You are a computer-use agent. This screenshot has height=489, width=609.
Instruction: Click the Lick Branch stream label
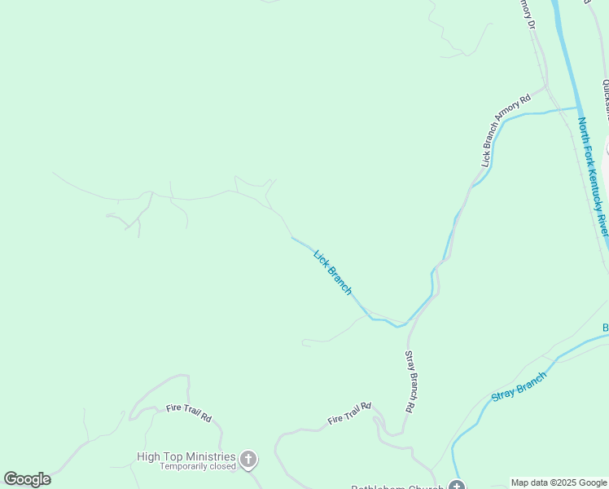333,272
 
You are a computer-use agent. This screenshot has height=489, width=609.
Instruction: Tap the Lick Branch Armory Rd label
505,130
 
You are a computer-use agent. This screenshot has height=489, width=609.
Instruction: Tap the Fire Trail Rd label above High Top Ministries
189,412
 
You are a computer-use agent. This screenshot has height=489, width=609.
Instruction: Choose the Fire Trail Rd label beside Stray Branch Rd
349,414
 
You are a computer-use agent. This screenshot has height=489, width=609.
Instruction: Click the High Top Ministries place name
186,457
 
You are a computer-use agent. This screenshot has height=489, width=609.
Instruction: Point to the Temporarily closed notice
198,467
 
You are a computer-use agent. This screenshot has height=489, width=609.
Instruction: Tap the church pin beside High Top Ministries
248,460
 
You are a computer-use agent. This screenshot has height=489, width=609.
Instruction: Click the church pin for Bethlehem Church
456,487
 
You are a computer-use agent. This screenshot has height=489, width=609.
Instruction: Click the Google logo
27,479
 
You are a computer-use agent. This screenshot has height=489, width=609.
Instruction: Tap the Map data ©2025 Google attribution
559,482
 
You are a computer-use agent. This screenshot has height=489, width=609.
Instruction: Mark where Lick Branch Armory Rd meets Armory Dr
545,85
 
